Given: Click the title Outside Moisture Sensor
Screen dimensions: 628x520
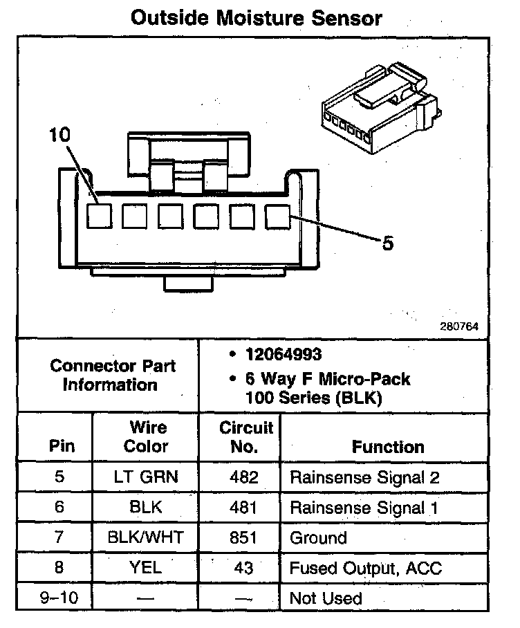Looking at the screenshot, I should pyautogui.click(x=256, y=17).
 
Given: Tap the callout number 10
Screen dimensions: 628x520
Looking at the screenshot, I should pyautogui.click(x=60, y=136).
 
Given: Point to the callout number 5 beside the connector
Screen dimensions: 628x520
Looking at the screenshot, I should pyautogui.click(x=388, y=243).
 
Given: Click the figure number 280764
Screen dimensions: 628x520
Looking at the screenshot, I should pyautogui.click(x=459, y=325).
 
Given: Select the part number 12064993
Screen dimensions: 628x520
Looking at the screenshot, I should pyautogui.click(x=284, y=355).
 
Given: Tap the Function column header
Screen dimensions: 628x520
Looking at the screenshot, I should pyautogui.click(x=388, y=447).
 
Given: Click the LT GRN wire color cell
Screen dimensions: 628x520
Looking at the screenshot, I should pyautogui.click(x=146, y=477).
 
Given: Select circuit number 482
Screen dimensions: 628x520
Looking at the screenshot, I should pyautogui.click(x=245, y=477).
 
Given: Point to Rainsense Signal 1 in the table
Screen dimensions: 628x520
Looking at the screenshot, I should pyautogui.click(x=364, y=508).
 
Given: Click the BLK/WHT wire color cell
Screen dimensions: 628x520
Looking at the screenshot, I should pyautogui.click(x=146, y=537).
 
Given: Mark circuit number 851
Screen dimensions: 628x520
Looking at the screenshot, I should pyautogui.click(x=245, y=537).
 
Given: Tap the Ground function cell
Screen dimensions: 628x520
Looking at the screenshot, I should pyautogui.click(x=319, y=537).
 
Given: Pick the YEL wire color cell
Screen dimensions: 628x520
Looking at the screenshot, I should pyautogui.click(x=146, y=568).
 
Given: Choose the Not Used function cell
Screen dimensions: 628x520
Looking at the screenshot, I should pyautogui.click(x=326, y=598).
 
